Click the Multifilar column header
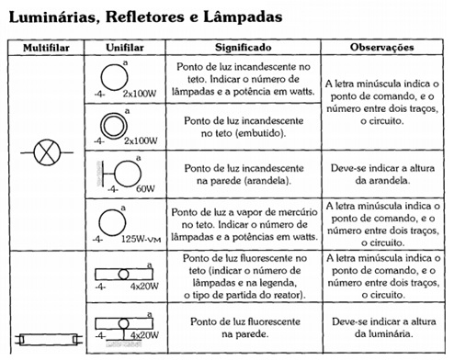pyautogui.click(x=46, y=48)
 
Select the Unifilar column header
pyautogui.click(x=125, y=48)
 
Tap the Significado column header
pyautogui.click(x=244, y=48)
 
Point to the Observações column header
pyautogui.click(x=382, y=48)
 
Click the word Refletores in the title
pyautogui.click(x=145, y=17)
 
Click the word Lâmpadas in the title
pyautogui.click(x=243, y=17)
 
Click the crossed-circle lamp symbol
pyautogui.click(x=47, y=152)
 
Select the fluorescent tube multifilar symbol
pyautogui.click(x=49, y=339)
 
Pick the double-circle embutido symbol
pyautogui.click(x=114, y=126)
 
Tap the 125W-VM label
pyautogui.click(x=142, y=239)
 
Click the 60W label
pyautogui.click(x=145, y=188)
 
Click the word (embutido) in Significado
pyautogui.click(x=263, y=133)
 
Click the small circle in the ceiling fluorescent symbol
pyautogui.click(x=123, y=275)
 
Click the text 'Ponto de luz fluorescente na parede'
pyautogui.click(x=245, y=328)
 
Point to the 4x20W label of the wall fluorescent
pyautogui.click(x=144, y=335)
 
